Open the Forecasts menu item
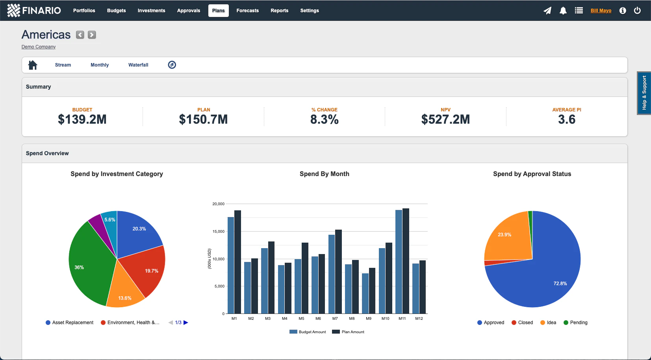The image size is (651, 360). pyautogui.click(x=247, y=11)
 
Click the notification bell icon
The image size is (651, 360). pyautogui.click(x=563, y=11)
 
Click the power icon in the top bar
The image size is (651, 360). pyautogui.click(x=637, y=11)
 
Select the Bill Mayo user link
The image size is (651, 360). pyautogui.click(x=601, y=11)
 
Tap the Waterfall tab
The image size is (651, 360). pyautogui.click(x=138, y=65)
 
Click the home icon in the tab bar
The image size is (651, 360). pyautogui.click(x=33, y=65)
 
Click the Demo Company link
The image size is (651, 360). pyautogui.click(x=39, y=47)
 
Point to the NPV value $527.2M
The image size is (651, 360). pyautogui.click(x=445, y=119)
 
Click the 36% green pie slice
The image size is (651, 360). pyautogui.click(x=89, y=264)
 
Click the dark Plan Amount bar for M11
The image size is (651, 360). pyautogui.click(x=406, y=260)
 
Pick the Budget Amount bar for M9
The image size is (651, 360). pyautogui.click(x=365, y=293)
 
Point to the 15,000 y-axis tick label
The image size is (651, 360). pyautogui.click(x=218, y=232)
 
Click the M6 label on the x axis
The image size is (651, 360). pyautogui.click(x=318, y=319)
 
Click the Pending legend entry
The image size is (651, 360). pyautogui.click(x=575, y=323)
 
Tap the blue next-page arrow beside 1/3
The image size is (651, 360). pyautogui.click(x=186, y=323)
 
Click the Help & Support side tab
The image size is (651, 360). pyautogui.click(x=644, y=93)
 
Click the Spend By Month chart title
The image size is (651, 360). pyautogui.click(x=324, y=174)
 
